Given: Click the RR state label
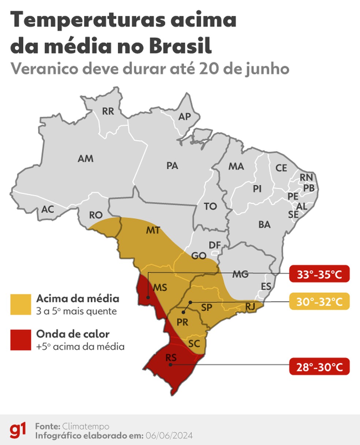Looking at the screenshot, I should (x=108, y=111).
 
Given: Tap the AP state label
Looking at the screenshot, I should (x=184, y=116).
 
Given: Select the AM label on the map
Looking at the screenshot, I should (x=86, y=158).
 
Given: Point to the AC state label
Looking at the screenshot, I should (x=48, y=209).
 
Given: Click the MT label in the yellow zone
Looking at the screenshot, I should (x=153, y=231).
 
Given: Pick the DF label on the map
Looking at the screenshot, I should (x=215, y=245).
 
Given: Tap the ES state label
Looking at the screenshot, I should (x=266, y=287).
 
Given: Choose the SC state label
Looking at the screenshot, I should (x=194, y=344).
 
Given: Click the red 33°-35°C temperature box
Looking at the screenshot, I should (x=319, y=274).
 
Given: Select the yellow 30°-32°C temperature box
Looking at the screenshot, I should (x=319, y=302).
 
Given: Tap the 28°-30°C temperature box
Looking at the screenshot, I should (x=319, y=367).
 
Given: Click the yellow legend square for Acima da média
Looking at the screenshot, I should (x=20, y=304).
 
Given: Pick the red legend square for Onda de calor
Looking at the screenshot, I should (x=20, y=340).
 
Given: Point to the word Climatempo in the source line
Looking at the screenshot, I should (x=86, y=426).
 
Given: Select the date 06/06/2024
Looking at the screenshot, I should (x=169, y=436).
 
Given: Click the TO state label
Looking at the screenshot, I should (x=210, y=206).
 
